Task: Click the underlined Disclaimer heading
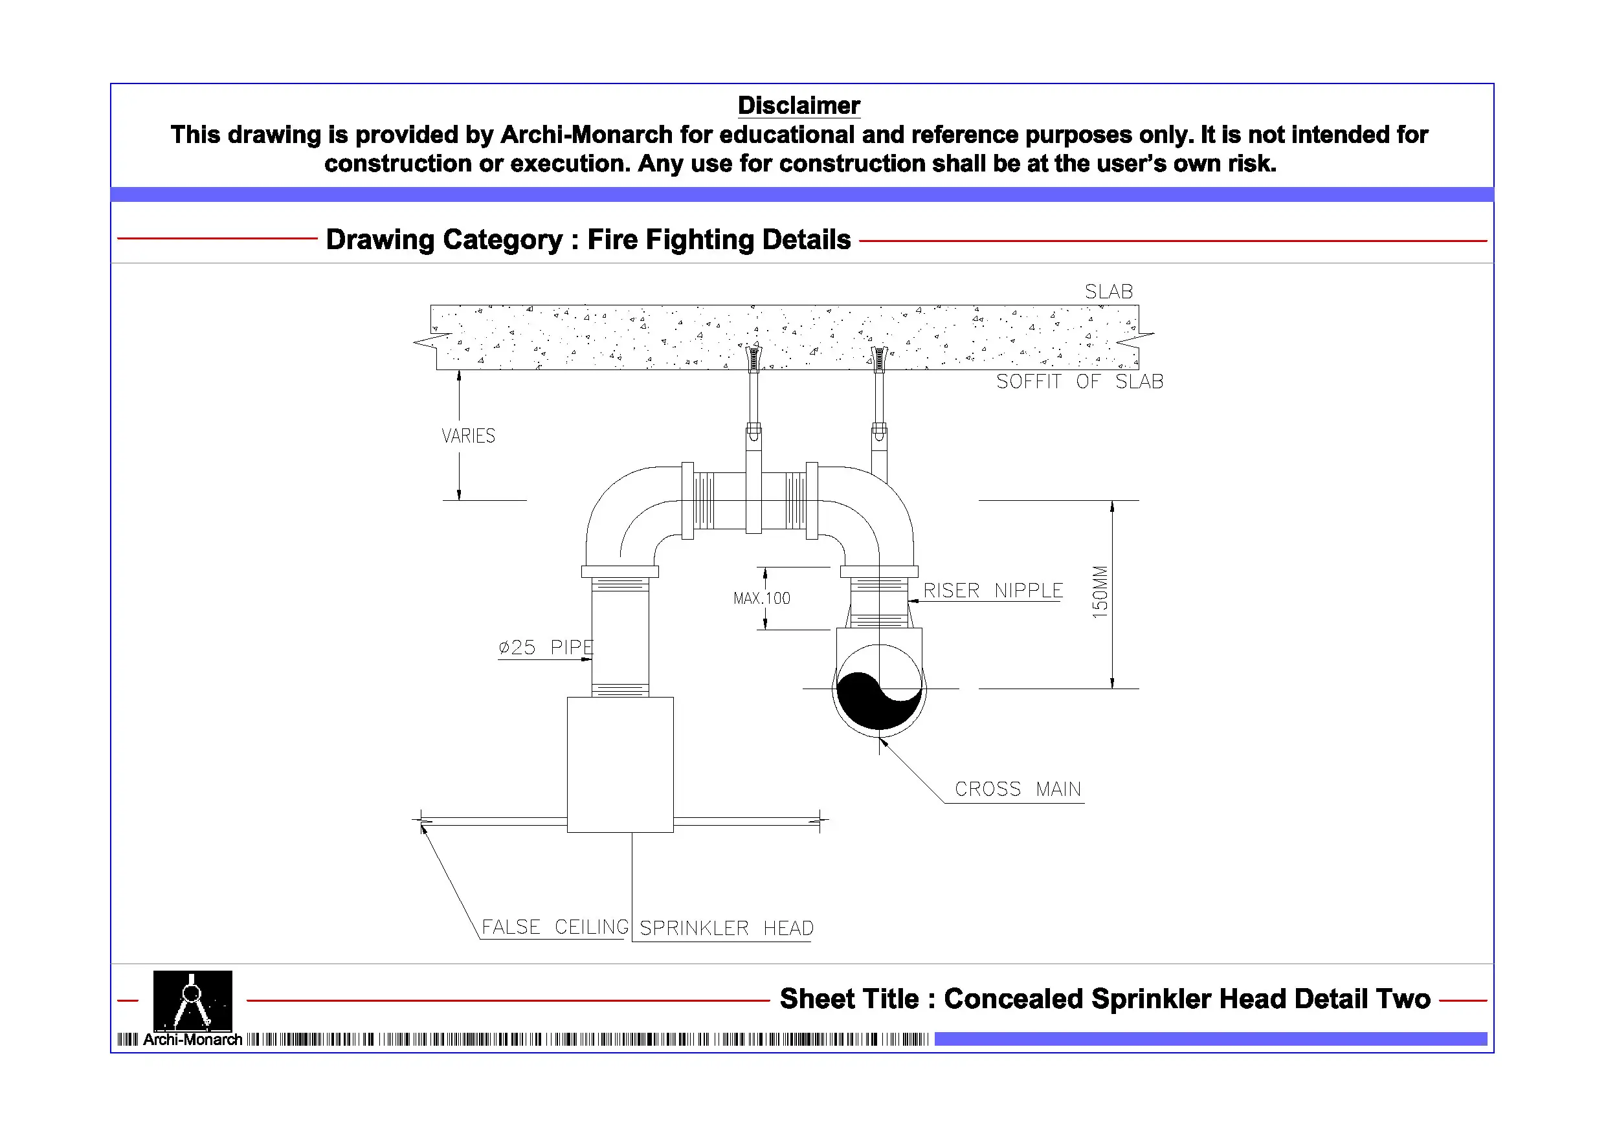[x=798, y=105]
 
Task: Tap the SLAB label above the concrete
[x=1108, y=292]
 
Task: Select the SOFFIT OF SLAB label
[x=1079, y=382]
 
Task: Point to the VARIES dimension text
[x=468, y=436]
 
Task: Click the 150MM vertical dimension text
[x=1100, y=591]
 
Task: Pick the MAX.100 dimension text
[x=762, y=599]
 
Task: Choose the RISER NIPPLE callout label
[x=992, y=591]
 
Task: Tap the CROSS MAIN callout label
[x=1018, y=789]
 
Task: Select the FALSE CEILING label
[x=555, y=927]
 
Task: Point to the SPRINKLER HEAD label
[x=726, y=929]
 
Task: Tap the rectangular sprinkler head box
[x=619, y=764]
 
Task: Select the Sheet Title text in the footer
[x=1104, y=999]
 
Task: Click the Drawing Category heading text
[x=588, y=240]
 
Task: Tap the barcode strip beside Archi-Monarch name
[x=588, y=1040]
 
